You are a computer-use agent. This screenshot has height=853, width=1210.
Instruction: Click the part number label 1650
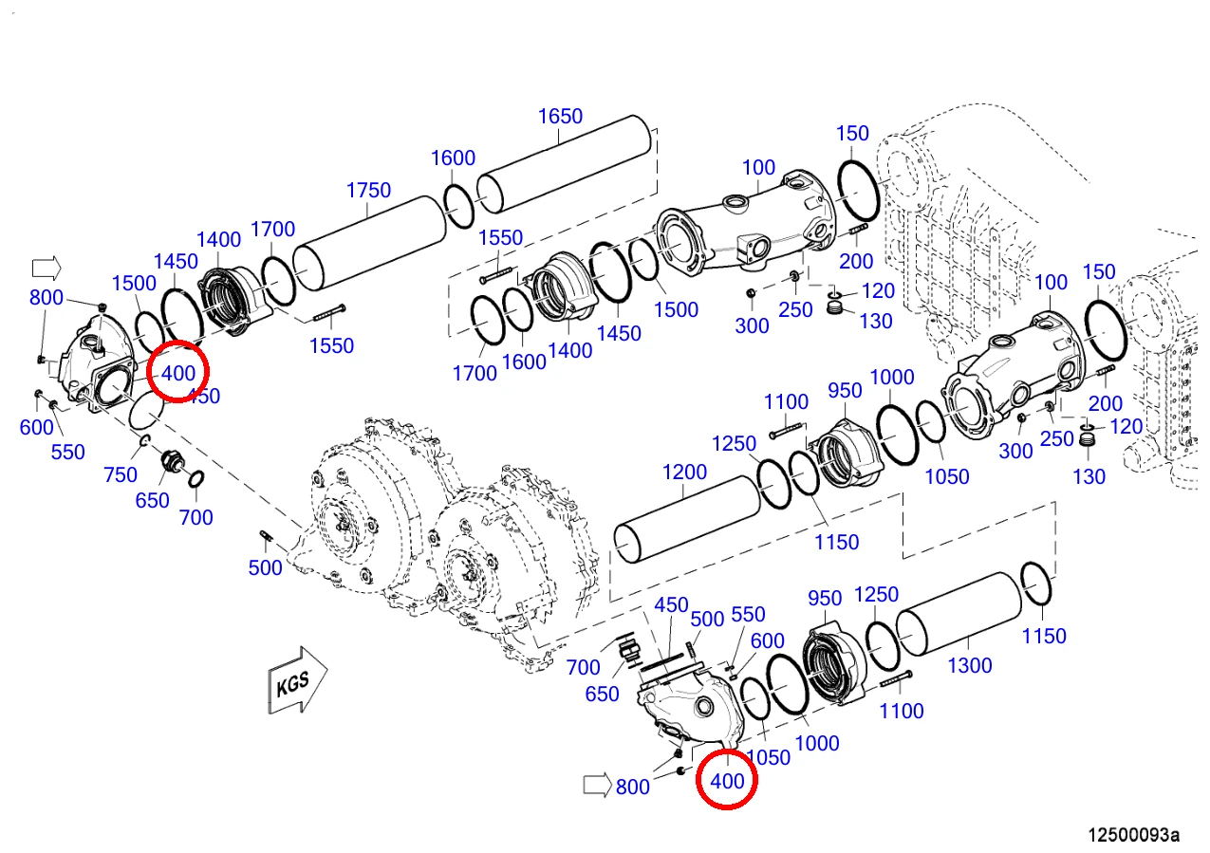[560, 117]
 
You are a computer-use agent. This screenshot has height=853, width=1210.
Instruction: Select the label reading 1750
[368, 191]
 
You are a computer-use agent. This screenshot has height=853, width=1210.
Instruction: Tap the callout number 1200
[684, 473]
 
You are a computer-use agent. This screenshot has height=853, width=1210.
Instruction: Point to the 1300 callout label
[970, 666]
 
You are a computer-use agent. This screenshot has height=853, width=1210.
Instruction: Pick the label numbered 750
[121, 475]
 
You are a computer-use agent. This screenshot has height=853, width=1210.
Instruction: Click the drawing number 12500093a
[1133, 835]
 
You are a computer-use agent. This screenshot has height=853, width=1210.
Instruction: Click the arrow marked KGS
[297, 680]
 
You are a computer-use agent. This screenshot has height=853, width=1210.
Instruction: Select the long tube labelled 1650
[564, 164]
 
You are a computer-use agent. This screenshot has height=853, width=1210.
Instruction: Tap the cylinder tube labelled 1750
[369, 244]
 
